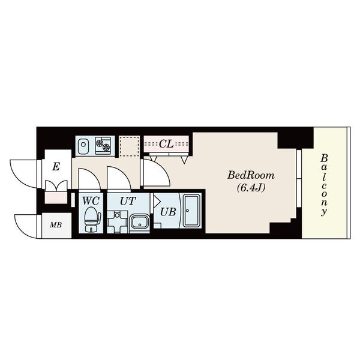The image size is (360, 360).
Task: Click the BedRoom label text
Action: click(251, 176)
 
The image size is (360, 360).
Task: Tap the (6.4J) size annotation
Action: click(251, 188)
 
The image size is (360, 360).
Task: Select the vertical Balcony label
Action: click(324, 185)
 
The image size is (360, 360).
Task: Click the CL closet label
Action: click(166, 144)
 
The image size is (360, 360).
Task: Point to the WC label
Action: click(91, 201)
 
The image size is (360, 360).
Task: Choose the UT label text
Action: click(128, 201)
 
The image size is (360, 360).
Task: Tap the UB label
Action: click(168, 212)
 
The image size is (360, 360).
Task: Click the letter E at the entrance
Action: click(56, 166)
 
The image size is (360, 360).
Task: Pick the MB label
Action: click(56, 225)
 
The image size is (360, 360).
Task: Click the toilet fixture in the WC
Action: click(92, 219)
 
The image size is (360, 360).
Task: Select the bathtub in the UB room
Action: click(191, 211)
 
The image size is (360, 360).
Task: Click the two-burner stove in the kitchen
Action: click(103, 145)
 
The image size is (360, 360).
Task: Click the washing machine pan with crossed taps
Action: click(118, 222)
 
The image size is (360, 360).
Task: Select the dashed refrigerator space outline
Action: click(130, 146)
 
